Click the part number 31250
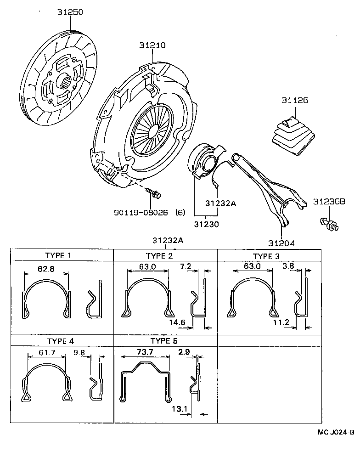coord(70,12)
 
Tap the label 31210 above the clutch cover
coord(152,45)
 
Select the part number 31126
coord(295,100)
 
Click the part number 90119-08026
coord(143,212)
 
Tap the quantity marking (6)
coord(180,212)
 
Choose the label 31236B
coord(329,201)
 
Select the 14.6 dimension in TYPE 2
coord(177,322)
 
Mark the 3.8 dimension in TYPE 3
coord(288,266)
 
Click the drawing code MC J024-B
coord(335,432)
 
